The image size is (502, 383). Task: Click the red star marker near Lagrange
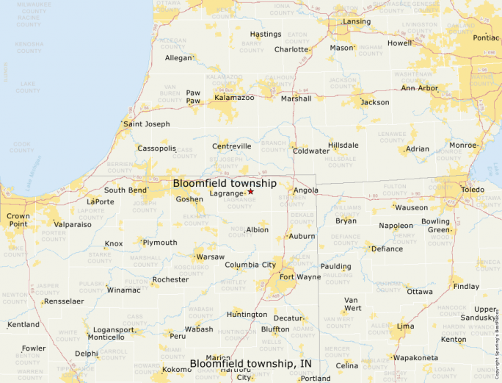coord(250,191)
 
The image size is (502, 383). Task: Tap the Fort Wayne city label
coord(299,277)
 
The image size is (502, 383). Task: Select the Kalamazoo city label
coord(234,98)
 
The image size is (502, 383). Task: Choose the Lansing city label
coord(357,22)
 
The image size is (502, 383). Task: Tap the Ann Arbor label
coord(419,88)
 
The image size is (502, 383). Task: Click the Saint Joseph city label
coord(146,124)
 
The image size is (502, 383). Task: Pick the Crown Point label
coord(18,220)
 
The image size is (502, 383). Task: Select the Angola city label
coord(306,190)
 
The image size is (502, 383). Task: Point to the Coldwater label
coord(311,151)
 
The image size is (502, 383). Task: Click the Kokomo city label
coord(177,369)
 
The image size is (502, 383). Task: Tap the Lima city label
coord(404,326)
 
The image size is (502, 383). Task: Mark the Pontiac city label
coord(484,37)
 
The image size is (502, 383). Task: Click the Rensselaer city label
coord(64,301)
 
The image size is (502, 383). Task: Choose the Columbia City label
coord(250,265)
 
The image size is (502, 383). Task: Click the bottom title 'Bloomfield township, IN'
coord(250,363)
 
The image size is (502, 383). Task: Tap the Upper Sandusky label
coord(484,313)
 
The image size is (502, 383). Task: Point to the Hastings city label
coord(265,35)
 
